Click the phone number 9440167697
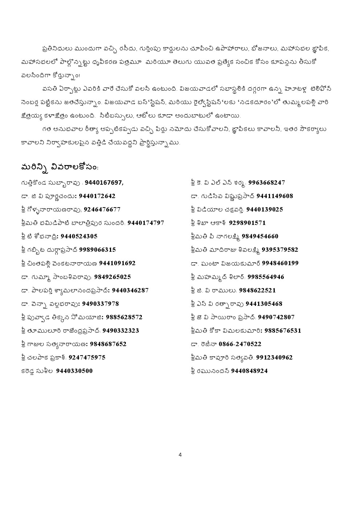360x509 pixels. tap(104, 182)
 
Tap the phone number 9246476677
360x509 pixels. tap(102, 209)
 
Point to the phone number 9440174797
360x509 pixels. tap(146, 223)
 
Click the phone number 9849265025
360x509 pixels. tap(112, 277)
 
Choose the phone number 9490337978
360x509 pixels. tap(101, 304)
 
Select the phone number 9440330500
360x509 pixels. tap(74, 371)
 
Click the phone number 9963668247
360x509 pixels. tap(266, 182)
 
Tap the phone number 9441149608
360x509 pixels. tap(275, 196)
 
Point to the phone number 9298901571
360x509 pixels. tap(247, 223)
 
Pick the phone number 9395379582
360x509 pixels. tap(280, 250)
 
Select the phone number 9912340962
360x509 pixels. tap(274, 357)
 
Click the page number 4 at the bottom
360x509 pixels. tap(180, 455)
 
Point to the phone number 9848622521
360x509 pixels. tap(257, 290)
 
